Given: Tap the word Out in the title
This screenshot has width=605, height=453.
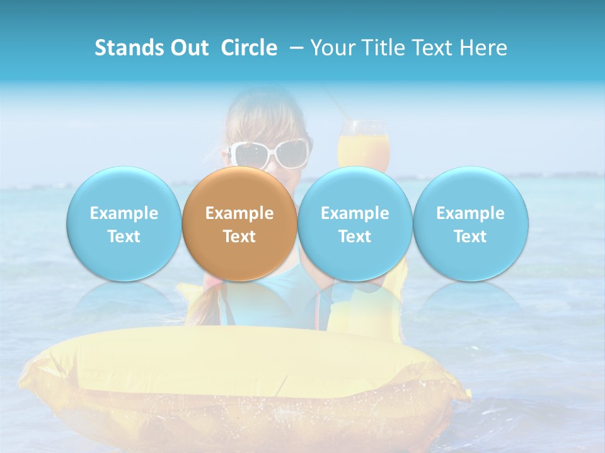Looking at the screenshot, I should click(x=187, y=48).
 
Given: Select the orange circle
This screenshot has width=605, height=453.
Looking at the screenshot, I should click(x=239, y=224).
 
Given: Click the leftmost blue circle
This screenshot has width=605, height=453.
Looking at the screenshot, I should click(x=124, y=224).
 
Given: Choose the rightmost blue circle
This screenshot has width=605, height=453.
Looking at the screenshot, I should click(x=471, y=224).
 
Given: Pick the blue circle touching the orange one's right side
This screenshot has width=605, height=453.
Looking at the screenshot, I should click(x=355, y=224).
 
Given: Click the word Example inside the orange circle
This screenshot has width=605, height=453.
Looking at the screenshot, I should click(x=239, y=213).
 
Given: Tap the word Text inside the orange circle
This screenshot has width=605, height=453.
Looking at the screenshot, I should click(x=239, y=237).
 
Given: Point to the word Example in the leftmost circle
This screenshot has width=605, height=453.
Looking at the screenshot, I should click(x=124, y=213).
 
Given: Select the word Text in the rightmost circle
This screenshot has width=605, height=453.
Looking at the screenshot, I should click(x=471, y=237).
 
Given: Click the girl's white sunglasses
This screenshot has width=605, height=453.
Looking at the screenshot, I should click(x=270, y=154).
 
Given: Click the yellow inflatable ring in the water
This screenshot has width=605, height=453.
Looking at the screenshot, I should click(x=239, y=377).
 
